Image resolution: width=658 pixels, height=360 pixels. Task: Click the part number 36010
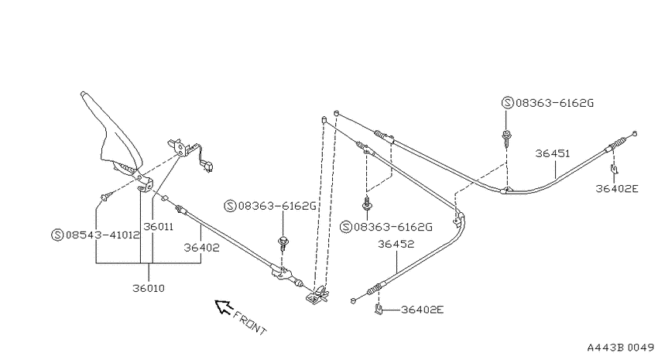[x=149, y=288]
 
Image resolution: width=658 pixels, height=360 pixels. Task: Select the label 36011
[x=158, y=227]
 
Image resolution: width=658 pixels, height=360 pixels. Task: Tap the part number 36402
[x=201, y=248]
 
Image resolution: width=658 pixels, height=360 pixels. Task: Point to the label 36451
[x=553, y=153]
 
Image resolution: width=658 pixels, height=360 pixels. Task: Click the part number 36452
[x=396, y=244]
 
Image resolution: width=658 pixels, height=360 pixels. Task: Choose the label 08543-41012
[x=102, y=235]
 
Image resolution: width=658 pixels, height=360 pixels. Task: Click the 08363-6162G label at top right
[x=554, y=103]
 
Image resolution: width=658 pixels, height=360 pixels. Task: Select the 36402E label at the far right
[x=617, y=188]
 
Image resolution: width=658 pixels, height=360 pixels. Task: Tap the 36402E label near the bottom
[x=422, y=310]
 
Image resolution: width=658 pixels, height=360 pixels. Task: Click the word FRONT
[x=250, y=323]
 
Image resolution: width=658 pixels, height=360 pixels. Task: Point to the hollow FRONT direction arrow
[x=224, y=307]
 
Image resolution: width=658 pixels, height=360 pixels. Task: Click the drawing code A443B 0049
[x=620, y=348]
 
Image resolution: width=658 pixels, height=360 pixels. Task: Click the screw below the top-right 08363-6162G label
[x=507, y=138]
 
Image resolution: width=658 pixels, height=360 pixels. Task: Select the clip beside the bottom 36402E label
[x=379, y=310]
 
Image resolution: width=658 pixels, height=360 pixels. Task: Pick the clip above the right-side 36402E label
[x=614, y=169]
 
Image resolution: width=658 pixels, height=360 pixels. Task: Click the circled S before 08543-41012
[x=57, y=235]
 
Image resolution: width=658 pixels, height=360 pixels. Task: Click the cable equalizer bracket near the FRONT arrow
[x=317, y=294]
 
